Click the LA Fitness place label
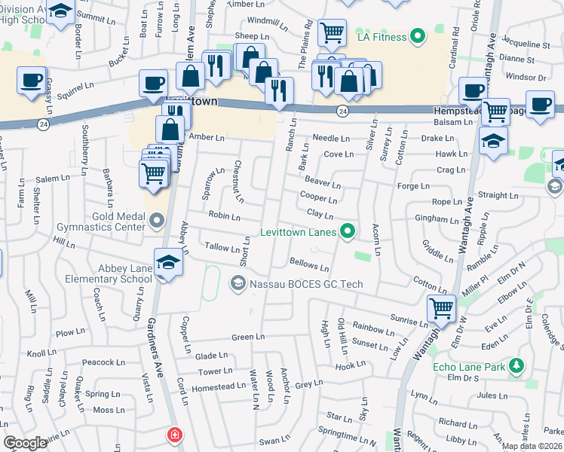point(379,37)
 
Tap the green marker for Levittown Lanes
point(347,231)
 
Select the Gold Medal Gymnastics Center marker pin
point(156,221)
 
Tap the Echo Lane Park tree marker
point(516,367)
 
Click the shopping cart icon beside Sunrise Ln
point(441,307)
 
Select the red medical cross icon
point(175,435)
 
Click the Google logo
point(26,443)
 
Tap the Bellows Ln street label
point(309,264)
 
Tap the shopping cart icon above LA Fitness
point(332,32)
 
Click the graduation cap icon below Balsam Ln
point(494,141)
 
